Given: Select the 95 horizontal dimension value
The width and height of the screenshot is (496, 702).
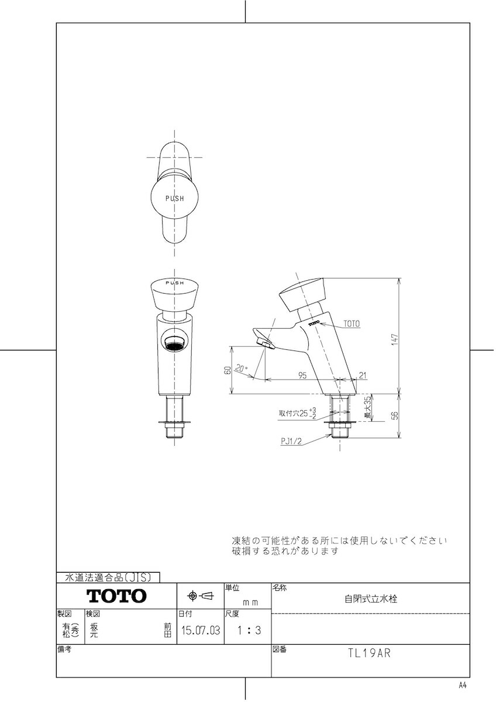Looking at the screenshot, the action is click(302, 375).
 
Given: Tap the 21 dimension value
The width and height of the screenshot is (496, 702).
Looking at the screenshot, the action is click(362, 375).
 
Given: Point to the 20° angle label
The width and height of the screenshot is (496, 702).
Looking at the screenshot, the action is click(242, 367).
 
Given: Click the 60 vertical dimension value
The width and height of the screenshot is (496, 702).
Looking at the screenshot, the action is click(228, 370).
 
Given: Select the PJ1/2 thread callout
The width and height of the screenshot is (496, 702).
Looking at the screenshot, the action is click(291, 441).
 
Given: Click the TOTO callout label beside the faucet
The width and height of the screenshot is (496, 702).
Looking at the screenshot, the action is click(352, 324).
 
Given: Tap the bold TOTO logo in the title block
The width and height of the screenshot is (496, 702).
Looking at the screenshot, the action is click(116, 596).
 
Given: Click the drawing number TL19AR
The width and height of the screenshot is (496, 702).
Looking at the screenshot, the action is click(370, 653).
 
